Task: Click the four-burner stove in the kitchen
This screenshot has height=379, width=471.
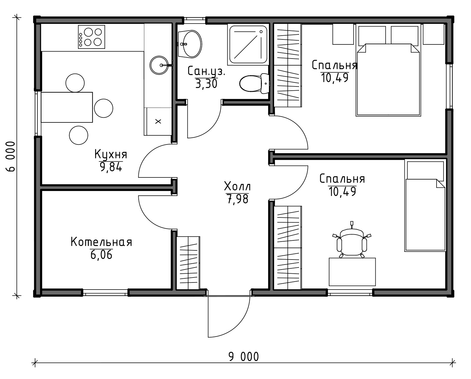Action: pos(92,37)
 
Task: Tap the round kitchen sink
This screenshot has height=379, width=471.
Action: pos(159,65)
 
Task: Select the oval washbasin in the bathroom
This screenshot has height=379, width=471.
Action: pos(190,44)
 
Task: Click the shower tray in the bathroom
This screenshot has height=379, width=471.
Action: pos(248,44)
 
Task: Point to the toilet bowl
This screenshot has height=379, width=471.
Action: pos(254,84)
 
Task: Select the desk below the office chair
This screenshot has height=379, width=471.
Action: pos(352,272)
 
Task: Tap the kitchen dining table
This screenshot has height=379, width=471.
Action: pos(67,107)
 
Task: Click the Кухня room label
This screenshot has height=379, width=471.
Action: pos(111,154)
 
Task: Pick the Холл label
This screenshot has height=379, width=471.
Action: pos(238,187)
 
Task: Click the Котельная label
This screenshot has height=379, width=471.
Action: pos(101,242)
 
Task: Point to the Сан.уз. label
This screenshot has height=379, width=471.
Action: pos(206,71)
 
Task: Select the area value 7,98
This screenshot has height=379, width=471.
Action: pos(238,199)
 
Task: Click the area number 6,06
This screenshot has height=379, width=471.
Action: pos(101,255)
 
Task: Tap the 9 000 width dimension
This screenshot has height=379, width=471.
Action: pos(244,357)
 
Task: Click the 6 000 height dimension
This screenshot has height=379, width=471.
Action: pos(11,156)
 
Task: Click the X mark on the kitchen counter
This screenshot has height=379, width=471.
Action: pos(158,121)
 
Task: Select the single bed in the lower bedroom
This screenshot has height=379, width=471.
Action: pos(425,205)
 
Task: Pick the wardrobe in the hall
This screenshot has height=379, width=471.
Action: pos(188,263)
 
